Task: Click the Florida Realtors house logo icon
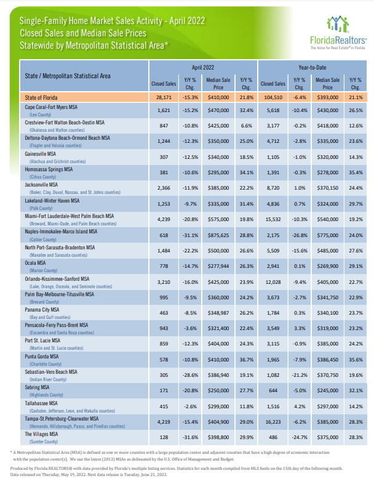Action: coord(338,24)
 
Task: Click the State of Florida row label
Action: coord(41,97)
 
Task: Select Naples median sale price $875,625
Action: coord(218,235)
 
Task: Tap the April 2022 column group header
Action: coord(203,68)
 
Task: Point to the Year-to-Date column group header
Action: coord(312,68)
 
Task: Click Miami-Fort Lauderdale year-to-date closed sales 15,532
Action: coord(273,219)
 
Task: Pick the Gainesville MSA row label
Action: coord(41,154)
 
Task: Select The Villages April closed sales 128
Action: coord(164,437)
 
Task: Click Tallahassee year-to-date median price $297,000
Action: coord(327,406)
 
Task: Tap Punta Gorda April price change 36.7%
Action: coord(246,360)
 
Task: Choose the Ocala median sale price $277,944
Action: coord(218,266)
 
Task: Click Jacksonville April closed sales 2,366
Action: coord(164,188)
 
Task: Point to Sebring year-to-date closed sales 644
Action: coord(273,390)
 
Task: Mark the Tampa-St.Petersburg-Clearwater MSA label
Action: coord(62,419)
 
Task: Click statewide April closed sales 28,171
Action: coord(164,97)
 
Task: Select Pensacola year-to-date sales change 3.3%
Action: coord(300,328)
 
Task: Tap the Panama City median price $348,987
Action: coord(218,313)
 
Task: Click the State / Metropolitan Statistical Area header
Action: coord(68,76)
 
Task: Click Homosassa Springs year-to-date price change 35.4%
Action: coord(356,172)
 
